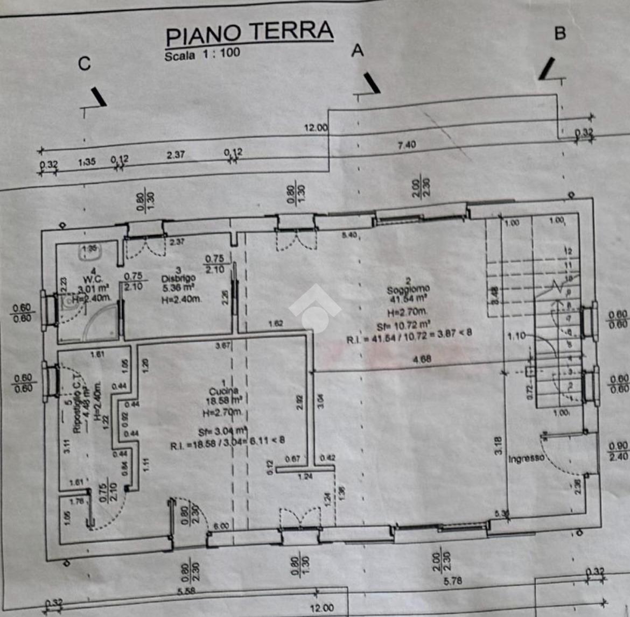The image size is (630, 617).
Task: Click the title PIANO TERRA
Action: pos(249,33)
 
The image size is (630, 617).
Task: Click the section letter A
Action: pos(357,51)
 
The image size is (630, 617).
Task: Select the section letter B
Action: pos(560,33)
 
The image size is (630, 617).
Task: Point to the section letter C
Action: pos(84,64)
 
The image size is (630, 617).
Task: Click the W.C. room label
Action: pos(93,279)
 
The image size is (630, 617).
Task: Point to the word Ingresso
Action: pos(526,459)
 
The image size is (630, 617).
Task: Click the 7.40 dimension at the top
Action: pos(407,145)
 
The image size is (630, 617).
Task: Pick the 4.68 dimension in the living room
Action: pos(422,359)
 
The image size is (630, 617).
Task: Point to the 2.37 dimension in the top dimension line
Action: pos(176,155)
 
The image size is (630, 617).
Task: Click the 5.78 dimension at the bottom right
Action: pos(453,581)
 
